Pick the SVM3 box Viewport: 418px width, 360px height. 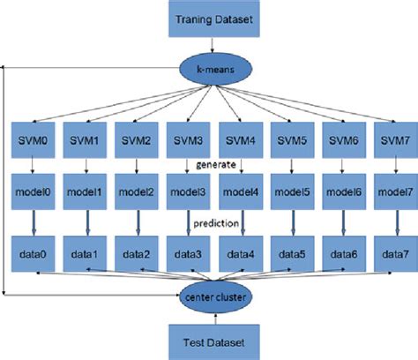pos(188,141)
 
